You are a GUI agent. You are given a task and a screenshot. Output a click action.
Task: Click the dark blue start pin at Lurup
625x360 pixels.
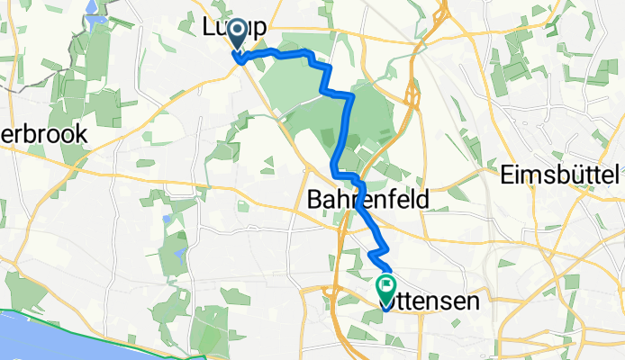tap(238, 33)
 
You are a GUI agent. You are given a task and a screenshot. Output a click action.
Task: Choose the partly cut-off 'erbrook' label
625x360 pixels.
tap(43, 134)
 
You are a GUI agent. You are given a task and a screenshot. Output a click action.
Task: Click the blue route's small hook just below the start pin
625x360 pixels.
tap(240, 59)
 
